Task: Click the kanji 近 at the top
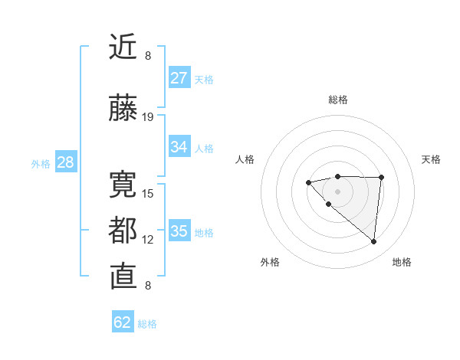(x=123, y=47)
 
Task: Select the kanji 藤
(x=123, y=109)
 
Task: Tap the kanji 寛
(x=123, y=185)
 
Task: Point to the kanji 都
(x=123, y=231)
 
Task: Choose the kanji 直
(x=123, y=277)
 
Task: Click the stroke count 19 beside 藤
(x=148, y=117)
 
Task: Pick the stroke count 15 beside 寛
(x=148, y=193)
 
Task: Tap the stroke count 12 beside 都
(x=148, y=240)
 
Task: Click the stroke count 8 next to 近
(x=148, y=56)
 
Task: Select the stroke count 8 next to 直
(x=148, y=286)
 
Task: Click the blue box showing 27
(x=179, y=78)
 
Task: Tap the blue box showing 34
(x=179, y=147)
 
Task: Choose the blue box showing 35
(x=179, y=231)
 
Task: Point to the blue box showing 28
(x=65, y=162)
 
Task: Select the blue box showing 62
(x=123, y=322)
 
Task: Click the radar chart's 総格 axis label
(x=337, y=100)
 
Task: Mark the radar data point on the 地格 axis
(x=374, y=242)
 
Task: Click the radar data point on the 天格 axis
(x=382, y=177)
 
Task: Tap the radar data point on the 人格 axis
(x=308, y=182)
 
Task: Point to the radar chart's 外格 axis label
(x=270, y=262)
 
